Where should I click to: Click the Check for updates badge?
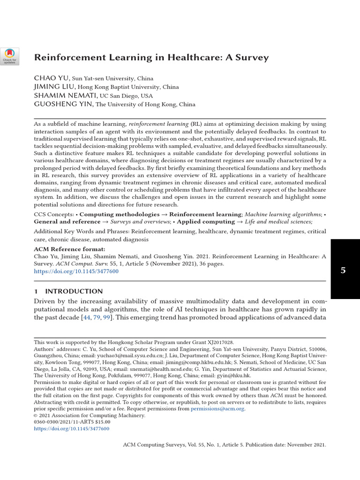[x=9, y=56]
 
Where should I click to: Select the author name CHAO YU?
[x=52, y=78]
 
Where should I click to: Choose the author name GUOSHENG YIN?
[x=64, y=104]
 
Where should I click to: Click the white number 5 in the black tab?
[x=343, y=270]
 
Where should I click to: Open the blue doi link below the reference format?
[x=76, y=271]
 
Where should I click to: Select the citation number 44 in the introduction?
[x=86, y=317]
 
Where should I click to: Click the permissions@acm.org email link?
[x=217, y=409]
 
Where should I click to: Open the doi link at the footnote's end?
[x=72, y=428]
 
